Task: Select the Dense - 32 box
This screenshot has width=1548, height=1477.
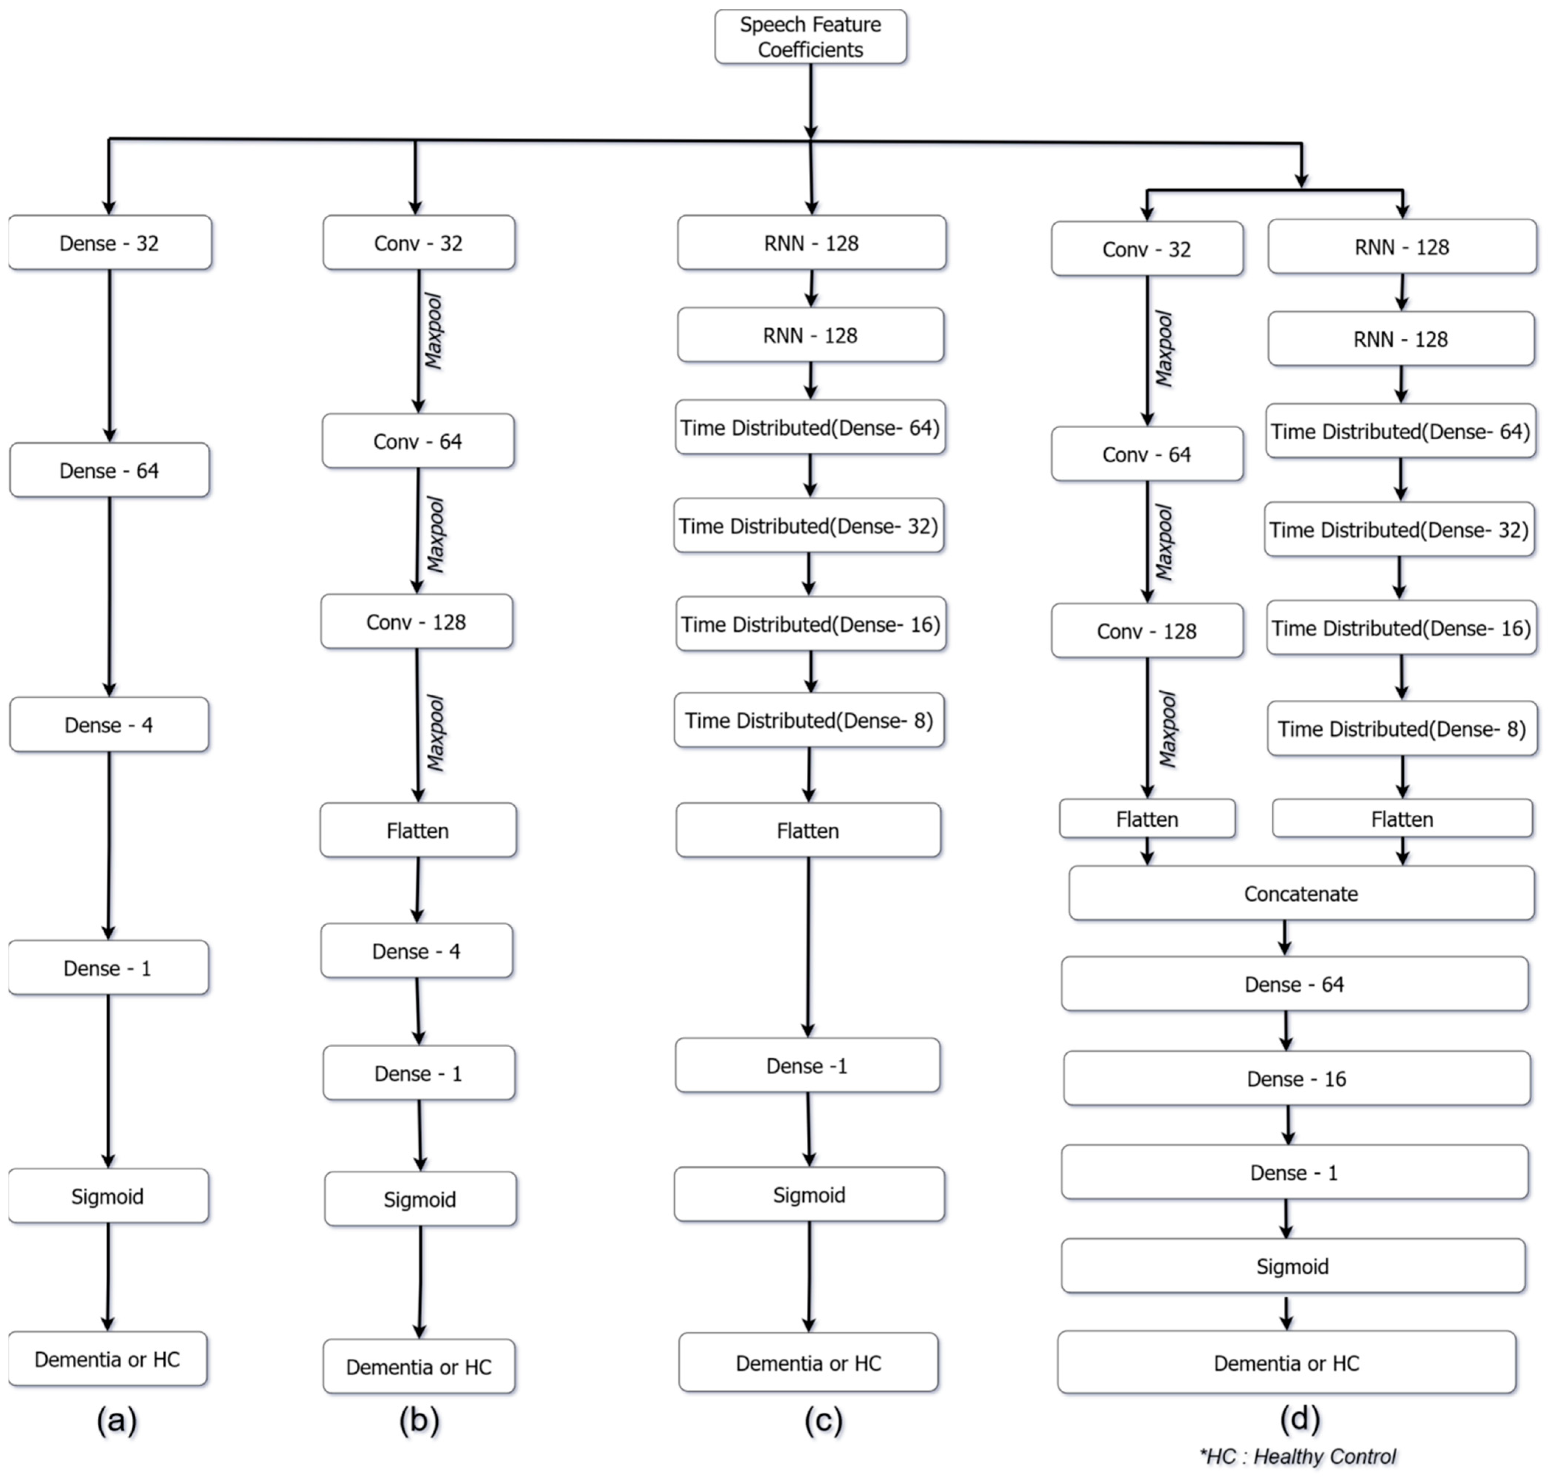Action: click(110, 242)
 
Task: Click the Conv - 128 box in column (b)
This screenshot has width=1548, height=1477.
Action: click(416, 622)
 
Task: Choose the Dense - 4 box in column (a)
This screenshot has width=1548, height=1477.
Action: click(110, 724)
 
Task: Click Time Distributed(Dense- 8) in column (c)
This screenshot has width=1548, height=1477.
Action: click(808, 720)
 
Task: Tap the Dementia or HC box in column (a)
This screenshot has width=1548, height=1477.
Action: click(108, 1359)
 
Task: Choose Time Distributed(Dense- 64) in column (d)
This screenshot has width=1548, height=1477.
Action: click(1400, 432)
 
